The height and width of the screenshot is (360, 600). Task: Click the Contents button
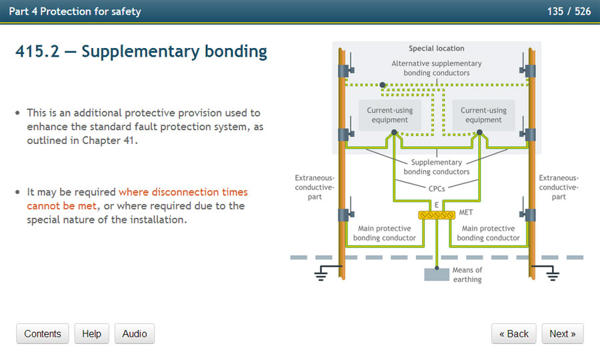[43, 334]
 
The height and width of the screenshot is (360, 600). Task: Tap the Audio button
[135, 334]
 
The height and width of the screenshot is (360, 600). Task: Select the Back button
[513, 334]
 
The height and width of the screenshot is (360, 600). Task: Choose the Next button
[563, 334]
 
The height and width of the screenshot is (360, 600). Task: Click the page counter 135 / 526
[569, 11]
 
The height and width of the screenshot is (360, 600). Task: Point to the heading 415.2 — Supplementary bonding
[141, 51]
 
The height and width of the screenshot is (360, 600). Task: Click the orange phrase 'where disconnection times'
[183, 192]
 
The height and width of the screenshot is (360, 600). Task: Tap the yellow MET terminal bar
[436, 215]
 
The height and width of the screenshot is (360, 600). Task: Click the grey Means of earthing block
[437, 274]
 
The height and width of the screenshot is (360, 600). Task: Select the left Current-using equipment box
[390, 115]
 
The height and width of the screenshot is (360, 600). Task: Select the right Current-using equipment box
[483, 115]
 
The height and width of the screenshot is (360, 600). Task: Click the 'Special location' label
[437, 49]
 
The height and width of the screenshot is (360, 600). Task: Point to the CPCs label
[437, 189]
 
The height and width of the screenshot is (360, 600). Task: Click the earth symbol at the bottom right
[552, 273]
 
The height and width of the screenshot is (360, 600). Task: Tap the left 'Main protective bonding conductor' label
[385, 233]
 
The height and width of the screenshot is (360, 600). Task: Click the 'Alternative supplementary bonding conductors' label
[437, 68]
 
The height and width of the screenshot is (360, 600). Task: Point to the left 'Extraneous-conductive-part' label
[315, 187]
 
